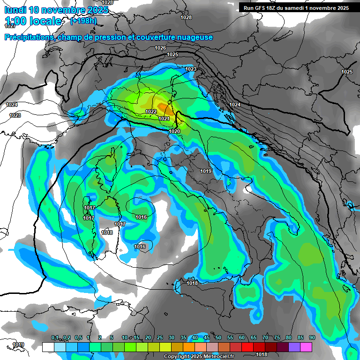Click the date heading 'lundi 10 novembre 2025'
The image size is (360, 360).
click(x=56, y=10)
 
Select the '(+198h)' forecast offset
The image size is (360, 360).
click(x=83, y=21)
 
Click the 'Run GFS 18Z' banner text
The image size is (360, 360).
click(x=262, y=7)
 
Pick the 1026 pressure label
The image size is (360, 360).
click(x=160, y=48)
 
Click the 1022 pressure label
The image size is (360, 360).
click(x=151, y=112)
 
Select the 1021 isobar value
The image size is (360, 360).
click(x=164, y=119)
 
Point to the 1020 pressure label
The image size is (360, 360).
click(x=174, y=131)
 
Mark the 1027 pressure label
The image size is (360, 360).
click(x=10, y=26)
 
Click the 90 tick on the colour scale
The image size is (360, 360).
click(x=312, y=338)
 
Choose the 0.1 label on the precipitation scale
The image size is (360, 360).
click(x=54, y=338)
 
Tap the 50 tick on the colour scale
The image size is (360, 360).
click(x=218, y=338)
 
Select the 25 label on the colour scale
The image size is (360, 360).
click(x=160, y=338)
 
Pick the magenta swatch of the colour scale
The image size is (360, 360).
click(x=306, y=347)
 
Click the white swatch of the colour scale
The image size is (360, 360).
click(x=48, y=347)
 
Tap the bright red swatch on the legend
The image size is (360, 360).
click(x=247, y=347)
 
